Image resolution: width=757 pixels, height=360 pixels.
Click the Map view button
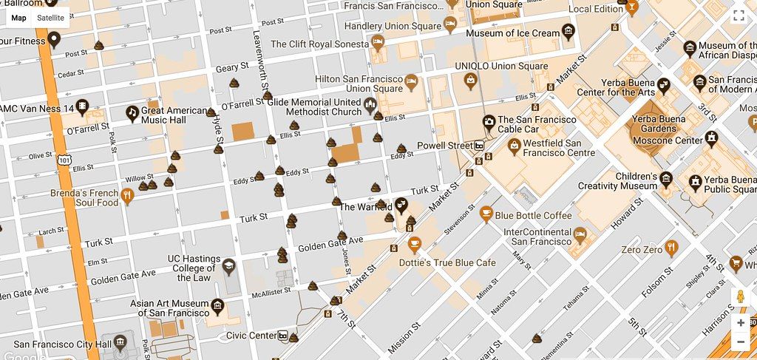tap(18, 18)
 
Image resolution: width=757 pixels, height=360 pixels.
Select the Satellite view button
tap(50, 18)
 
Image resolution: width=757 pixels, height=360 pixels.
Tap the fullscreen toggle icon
tap(738, 16)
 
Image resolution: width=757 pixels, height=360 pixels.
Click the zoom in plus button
tap(740, 323)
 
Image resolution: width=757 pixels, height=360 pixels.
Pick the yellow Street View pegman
tap(740, 297)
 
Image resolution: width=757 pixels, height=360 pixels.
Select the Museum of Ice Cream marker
tap(568, 31)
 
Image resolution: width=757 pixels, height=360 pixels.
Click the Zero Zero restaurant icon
tap(671, 248)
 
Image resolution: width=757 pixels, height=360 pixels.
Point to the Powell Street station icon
tap(480, 146)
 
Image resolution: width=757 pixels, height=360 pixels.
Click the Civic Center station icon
tap(283, 336)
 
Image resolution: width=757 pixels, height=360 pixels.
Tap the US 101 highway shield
tap(64, 159)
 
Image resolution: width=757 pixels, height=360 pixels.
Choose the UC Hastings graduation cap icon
tap(229, 265)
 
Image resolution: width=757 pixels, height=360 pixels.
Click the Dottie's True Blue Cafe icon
tap(414, 243)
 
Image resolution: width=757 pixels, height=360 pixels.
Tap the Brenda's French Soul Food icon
tap(126, 197)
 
